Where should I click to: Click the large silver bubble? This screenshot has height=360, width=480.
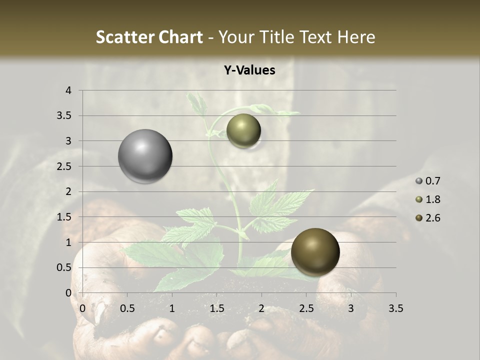[x=145, y=156]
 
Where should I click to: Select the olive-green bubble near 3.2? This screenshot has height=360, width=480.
[x=243, y=131]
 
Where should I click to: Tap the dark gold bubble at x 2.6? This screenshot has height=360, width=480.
[x=315, y=252]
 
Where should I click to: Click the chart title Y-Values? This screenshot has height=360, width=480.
[x=249, y=70]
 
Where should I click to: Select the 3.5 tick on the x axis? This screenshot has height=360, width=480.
[x=395, y=308]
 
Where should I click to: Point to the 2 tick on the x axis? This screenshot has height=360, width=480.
[x=261, y=308]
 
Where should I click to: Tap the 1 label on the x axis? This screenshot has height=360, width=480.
[x=172, y=308]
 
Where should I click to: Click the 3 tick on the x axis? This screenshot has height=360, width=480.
[x=351, y=308]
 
